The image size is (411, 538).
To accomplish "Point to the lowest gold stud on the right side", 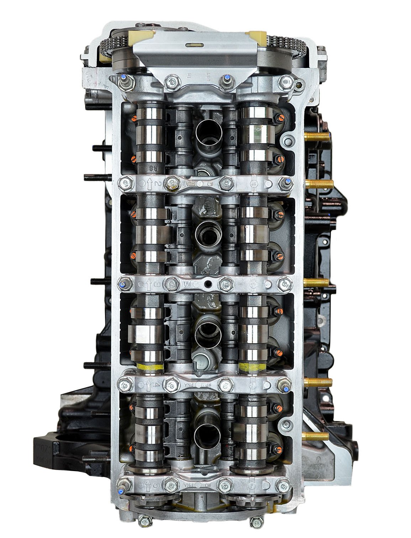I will pos(315,435).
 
